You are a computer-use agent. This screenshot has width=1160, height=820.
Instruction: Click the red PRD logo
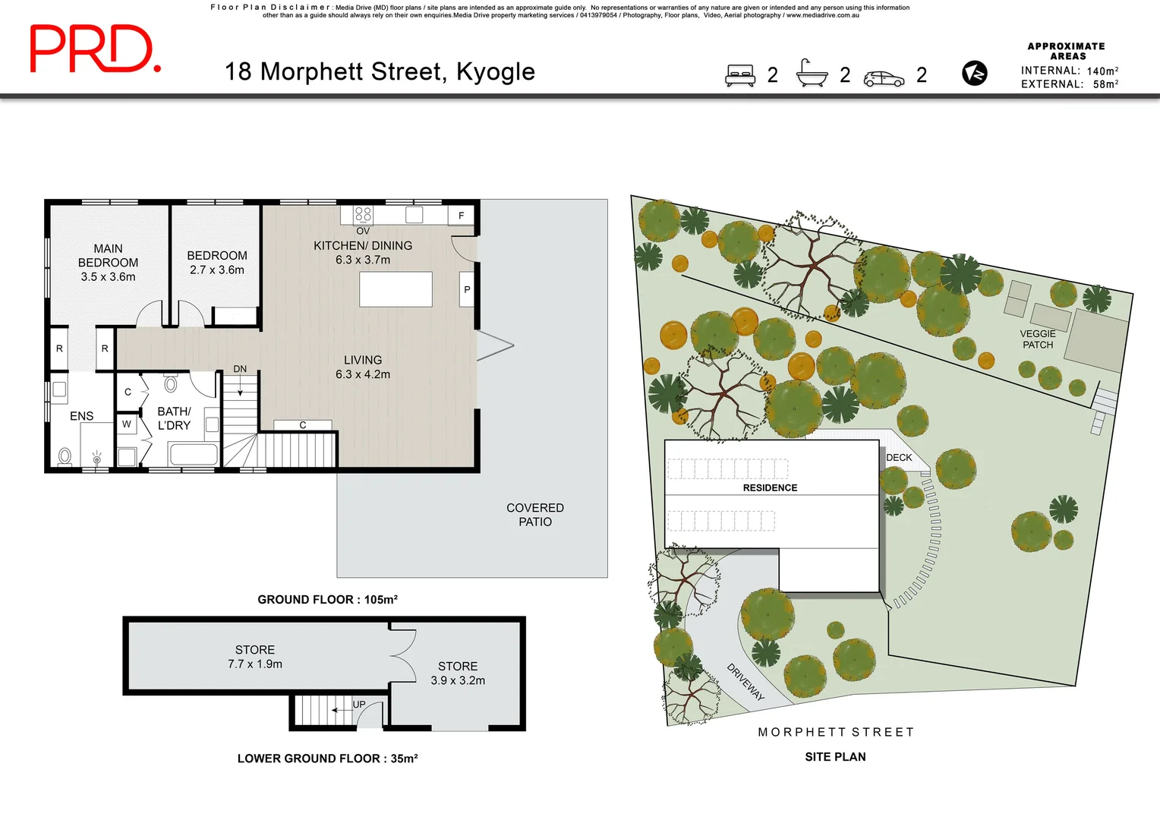[95, 49]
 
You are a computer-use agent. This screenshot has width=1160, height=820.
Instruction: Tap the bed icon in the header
[740, 75]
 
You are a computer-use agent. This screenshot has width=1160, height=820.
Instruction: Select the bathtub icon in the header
[812, 74]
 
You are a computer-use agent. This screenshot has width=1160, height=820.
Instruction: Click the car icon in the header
[884, 78]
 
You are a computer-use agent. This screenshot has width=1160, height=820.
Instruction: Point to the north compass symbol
[974, 74]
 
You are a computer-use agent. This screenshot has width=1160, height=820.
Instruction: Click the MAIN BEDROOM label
[108, 263]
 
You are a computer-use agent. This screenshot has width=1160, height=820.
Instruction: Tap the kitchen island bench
[396, 289]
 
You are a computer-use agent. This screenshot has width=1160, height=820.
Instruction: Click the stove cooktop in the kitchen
[363, 215]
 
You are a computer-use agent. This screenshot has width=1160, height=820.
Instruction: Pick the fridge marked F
[461, 216]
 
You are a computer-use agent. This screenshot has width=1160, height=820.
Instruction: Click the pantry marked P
[467, 289]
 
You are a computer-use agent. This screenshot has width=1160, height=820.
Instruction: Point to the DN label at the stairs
[240, 369]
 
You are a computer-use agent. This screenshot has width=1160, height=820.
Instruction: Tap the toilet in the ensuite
[65, 456]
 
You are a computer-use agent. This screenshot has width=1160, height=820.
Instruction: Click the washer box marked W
[127, 424]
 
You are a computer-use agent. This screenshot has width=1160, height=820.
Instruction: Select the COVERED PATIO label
[535, 515]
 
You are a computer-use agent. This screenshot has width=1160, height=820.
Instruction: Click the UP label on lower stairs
[359, 705]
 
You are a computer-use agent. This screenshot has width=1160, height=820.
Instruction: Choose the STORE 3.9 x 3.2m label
[458, 673]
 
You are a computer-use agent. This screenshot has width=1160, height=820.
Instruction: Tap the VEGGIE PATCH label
[1038, 339]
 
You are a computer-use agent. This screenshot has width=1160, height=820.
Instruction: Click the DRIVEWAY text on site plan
[745, 682]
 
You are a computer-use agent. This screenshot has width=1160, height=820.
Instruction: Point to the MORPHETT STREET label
[836, 732]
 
